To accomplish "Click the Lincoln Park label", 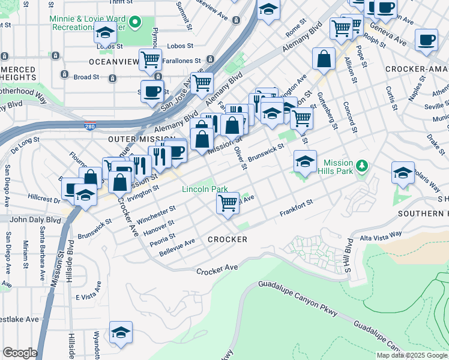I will point(205,189).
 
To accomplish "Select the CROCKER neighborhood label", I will point(227,239).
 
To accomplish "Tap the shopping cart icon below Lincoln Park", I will point(228,203).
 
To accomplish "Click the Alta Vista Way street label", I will point(381,234).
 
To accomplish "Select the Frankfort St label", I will point(297,208).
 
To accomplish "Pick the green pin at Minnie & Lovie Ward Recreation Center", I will point(136,23).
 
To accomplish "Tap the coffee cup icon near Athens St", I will point(426,40).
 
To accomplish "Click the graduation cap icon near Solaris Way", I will point(403,172).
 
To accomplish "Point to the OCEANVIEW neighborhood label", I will point(113,62).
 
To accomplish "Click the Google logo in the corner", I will point(20,353).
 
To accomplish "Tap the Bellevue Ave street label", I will point(177,247).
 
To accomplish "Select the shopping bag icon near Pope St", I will point(324,59).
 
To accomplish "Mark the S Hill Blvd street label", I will point(348,254).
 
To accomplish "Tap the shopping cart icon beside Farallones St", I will point(149,59).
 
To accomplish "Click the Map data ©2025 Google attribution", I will point(412,355).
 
